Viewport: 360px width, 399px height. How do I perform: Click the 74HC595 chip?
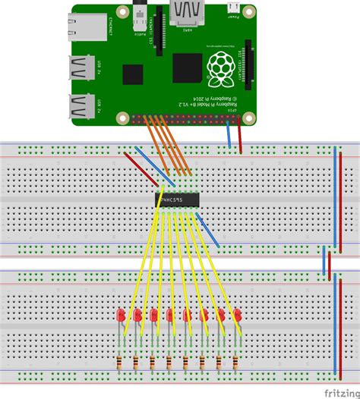click(178, 201)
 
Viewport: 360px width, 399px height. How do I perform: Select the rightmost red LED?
click(238, 314)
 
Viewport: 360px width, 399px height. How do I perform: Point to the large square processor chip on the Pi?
click(187, 68)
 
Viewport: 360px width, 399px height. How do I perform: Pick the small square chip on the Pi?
click(134, 75)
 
